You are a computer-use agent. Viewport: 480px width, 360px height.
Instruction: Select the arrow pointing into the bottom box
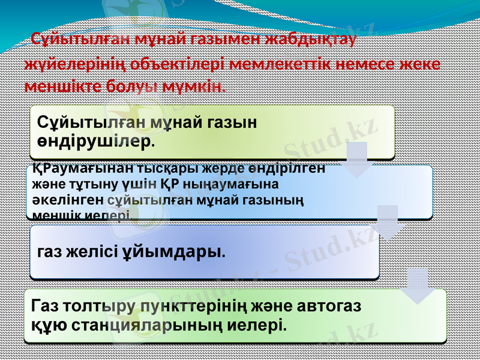pos(418,286)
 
